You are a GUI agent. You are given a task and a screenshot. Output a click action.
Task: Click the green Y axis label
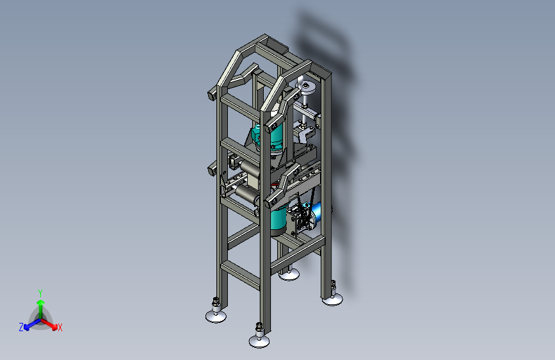click(x=40, y=293)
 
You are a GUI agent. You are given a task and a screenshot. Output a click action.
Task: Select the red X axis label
click(x=60, y=327)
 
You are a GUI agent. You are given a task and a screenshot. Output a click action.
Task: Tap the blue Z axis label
click(x=21, y=327)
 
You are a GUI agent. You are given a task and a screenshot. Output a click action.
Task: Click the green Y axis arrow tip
click(x=40, y=302)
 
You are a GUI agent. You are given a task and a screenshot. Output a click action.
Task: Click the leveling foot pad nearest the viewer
click(x=259, y=341)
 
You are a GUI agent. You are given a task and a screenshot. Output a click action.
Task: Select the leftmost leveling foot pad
click(x=216, y=316)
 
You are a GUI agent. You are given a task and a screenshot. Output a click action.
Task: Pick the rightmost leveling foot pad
click(x=332, y=300)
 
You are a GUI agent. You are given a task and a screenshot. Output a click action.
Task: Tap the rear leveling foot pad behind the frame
click(x=289, y=275)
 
